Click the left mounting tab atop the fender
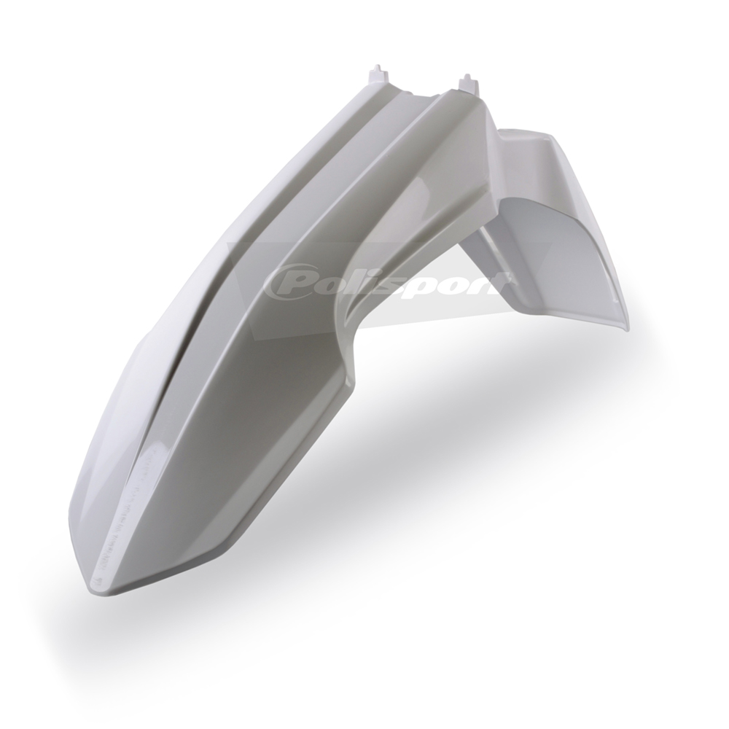(377, 75)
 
